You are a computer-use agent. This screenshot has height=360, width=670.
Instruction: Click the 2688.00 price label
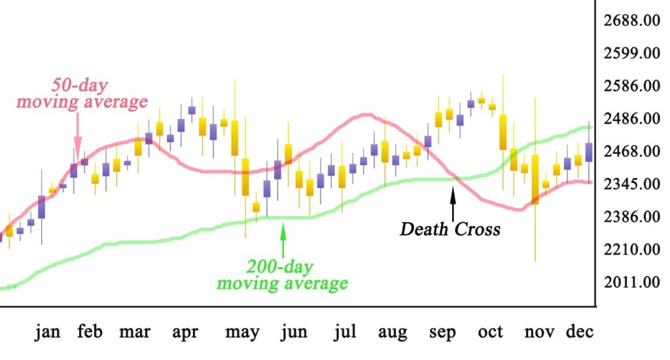(x=631, y=20)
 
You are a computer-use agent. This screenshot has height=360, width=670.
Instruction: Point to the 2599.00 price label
(x=631, y=53)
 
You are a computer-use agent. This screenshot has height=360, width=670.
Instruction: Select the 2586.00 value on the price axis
(x=631, y=86)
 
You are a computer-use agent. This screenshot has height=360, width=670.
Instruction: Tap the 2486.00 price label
(x=631, y=118)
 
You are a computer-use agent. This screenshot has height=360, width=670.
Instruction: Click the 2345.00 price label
(x=631, y=184)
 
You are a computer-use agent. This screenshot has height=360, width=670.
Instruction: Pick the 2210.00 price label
(x=631, y=249)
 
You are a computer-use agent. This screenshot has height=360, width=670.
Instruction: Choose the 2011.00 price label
(x=631, y=282)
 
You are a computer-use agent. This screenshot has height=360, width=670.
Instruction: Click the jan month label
(x=48, y=333)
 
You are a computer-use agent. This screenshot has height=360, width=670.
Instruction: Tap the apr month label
(x=185, y=333)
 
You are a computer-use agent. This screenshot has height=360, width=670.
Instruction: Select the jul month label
(x=345, y=333)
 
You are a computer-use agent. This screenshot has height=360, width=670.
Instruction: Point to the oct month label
(x=490, y=333)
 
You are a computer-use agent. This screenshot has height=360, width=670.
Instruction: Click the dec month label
(x=579, y=333)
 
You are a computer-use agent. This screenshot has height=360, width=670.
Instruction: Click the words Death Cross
(x=450, y=229)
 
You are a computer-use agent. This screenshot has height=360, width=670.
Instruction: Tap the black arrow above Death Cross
(x=452, y=202)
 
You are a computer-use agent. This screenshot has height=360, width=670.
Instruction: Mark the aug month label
(x=393, y=333)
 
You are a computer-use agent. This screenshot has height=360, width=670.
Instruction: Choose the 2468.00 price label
(x=631, y=151)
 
